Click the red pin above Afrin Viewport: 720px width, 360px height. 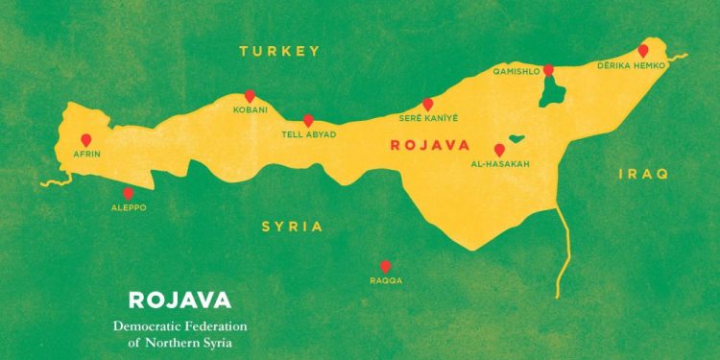[x=86, y=140]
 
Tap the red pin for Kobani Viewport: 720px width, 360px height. [x=250, y=96]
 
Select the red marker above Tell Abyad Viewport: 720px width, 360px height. [x=308, y=120]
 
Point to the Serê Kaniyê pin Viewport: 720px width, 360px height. [x=428, y=104]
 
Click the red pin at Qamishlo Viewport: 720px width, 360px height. [x=548, y=70]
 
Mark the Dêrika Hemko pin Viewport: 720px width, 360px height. [x=642, y=50]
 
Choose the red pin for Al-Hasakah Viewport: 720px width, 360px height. [x=499, y=150]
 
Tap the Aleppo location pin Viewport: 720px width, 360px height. [x=128, y=193]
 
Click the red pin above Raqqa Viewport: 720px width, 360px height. [x=385, y=266]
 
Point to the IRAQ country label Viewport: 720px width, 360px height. [x=642, y=174]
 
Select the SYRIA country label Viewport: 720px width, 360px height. [x=292, y=228]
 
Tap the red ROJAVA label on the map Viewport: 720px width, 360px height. [x=428, y=146]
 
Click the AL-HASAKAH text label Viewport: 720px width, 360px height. [x=499, y=165]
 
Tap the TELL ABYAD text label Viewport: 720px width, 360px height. [x=308, y=135]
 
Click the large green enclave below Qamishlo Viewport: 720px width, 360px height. [x=551, y=91]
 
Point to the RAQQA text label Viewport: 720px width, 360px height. [x=385, y=280]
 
